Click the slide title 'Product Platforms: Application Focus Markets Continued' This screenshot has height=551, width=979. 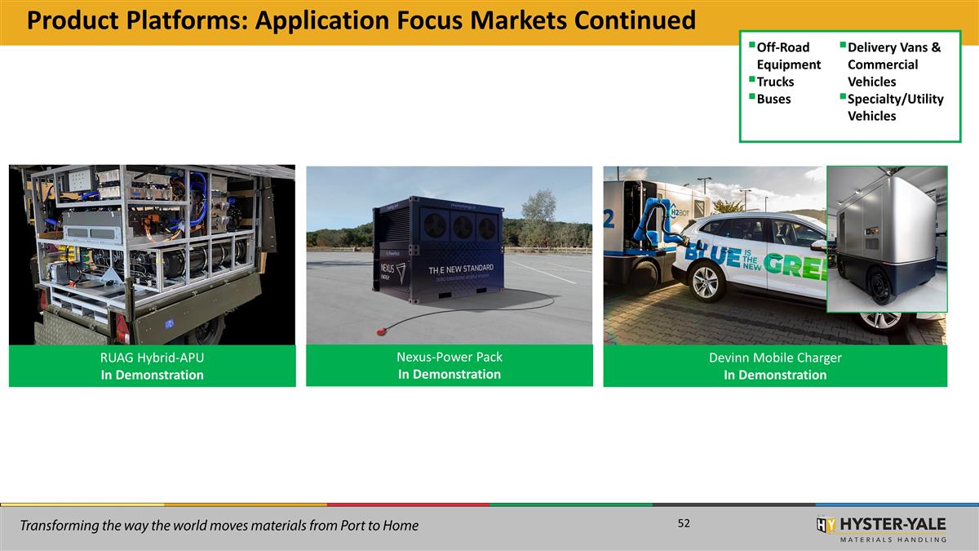[361, 20]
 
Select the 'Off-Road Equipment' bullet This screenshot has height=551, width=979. [788, 56]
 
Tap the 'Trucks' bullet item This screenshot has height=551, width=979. [775, 82]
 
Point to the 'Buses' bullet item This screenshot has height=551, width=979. [773, 99]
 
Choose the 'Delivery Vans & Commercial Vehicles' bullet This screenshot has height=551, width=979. [893, 64]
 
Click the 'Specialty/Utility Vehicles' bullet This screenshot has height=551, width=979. [895, 107]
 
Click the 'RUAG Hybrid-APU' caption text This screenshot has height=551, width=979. [152, 358]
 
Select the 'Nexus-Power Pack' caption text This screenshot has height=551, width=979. [449, 357]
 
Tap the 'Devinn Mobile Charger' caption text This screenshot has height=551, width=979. [775, 358]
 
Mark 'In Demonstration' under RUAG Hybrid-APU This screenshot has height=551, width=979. [152, 375]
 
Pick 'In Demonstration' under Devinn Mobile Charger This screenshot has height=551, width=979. [775, 375]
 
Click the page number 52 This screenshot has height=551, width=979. [684, 523]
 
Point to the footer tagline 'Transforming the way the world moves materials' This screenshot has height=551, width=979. [219, 526]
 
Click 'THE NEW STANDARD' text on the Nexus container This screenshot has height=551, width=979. [461, 269]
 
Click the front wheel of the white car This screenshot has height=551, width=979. [706, 282]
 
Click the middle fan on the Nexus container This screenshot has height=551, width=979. [463, 228]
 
